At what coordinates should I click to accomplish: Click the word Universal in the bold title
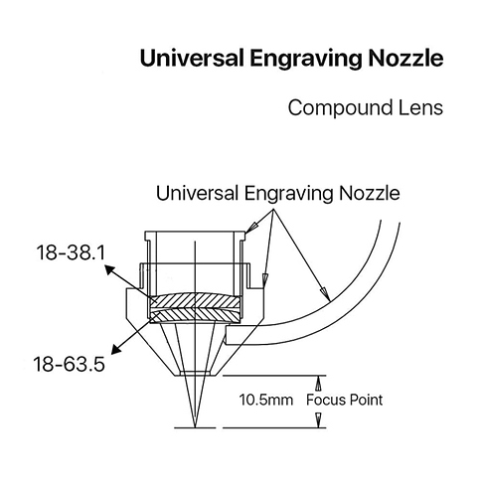pos(192,59)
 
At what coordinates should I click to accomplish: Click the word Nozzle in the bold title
pos(405,59)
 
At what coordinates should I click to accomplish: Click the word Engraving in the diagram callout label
pos(288,194)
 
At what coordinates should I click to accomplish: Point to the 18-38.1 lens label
pos(71,252)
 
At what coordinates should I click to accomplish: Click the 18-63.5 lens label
pos(70,364)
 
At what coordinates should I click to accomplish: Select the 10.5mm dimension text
pos(266,400)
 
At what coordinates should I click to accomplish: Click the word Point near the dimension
pos(366,400)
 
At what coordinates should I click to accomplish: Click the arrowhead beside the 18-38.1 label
pos(110,268)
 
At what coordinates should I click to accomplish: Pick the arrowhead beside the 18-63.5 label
pos(115,349)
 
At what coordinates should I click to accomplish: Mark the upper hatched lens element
pos(196,301)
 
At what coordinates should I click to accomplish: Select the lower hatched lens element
pos(196,315)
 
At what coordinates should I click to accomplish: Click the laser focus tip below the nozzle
pos(196,427)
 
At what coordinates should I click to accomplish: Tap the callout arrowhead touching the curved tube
pos(326,294)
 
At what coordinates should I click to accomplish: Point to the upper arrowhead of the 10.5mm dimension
pos(319,384)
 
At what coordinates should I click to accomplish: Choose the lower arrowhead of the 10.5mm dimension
pos(319,420)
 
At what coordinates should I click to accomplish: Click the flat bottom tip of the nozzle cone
pos(196,376)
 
